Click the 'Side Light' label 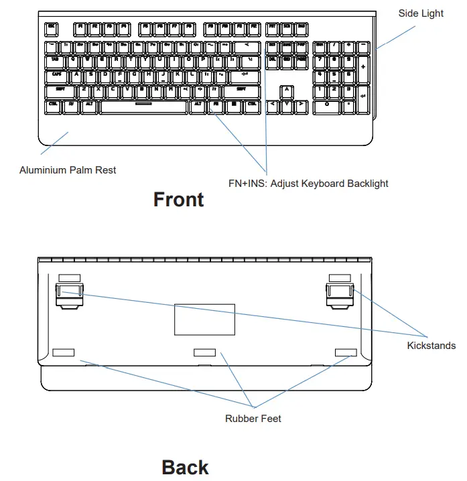(421, 13)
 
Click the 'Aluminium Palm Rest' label (68, 170)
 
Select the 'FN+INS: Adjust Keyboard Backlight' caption (308, 183)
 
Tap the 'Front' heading (178, 200)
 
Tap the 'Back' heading (185, 468)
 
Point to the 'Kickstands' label (431, 346)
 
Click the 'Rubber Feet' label (253, 419)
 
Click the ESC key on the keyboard (52, 29)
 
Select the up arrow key (286, 90)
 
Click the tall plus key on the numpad (363, 67)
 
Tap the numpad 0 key (327, 105)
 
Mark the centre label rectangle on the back (204, 319)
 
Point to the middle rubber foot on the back (205, 352)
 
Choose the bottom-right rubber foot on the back (346, 352)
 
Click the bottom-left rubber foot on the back (63, 352)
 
